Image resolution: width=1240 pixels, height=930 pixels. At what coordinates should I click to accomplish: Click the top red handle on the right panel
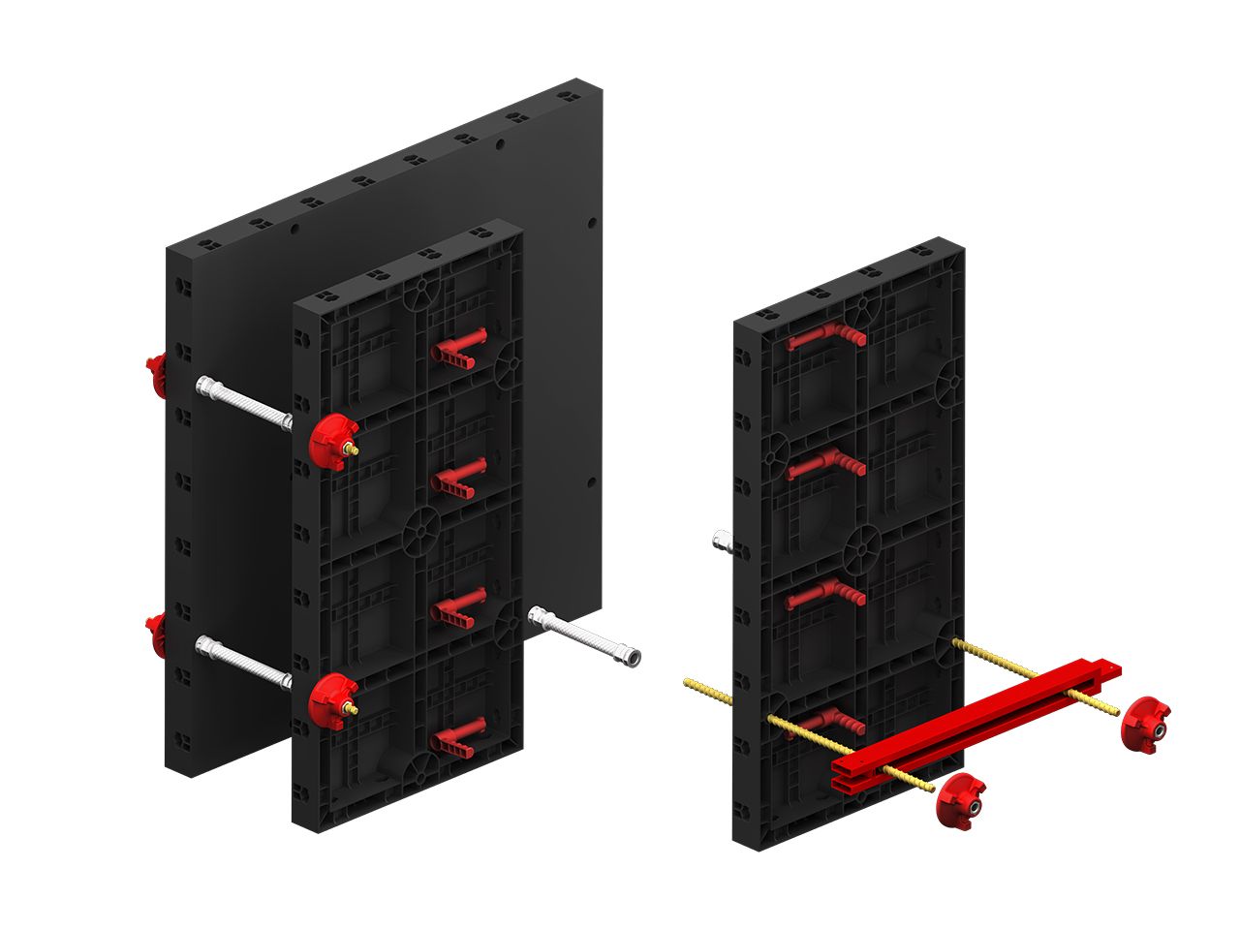pos(824,338)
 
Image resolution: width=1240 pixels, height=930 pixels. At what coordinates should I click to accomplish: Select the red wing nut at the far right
pos(1146,722)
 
